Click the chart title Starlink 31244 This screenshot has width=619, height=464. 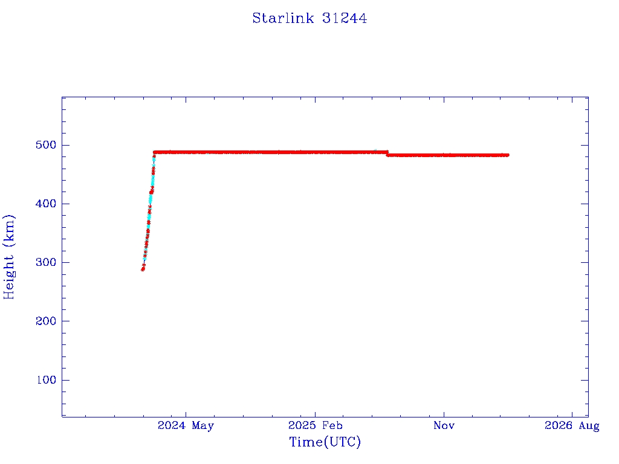coord(309,18)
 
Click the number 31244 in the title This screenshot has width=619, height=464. coord(345,18)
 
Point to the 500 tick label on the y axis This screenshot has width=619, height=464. coord(45,145)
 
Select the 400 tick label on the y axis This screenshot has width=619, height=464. coord(45,204)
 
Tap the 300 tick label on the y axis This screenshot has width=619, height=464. coord(45,262)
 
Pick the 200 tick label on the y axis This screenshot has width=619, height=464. coord(45,321)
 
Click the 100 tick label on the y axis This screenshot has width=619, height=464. coord(45,380)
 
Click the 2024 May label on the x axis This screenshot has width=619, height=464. coord(186,426)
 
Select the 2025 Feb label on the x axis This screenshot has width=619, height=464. coord(315,426)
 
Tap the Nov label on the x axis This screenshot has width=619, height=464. coord(444,426)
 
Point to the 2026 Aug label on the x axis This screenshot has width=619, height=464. coord(572,426)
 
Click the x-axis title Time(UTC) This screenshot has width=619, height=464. coord(325,442)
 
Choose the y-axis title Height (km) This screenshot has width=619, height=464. coord(10,257)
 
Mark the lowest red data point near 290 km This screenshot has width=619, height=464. coord(143,269)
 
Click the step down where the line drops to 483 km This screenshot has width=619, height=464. coord(387,153)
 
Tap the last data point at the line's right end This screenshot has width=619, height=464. coord(508,155)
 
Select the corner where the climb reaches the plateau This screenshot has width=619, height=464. coord(155,152)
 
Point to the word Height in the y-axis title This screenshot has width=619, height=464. coord(10,273)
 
